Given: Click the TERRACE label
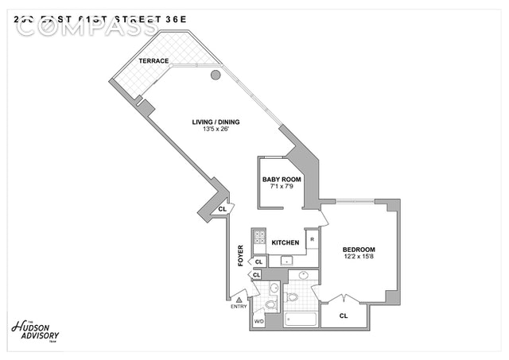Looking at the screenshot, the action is click(x=152, y=60).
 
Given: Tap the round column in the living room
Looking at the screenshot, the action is click(x=216, y=76).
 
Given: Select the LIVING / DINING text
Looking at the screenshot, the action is click(x=216, y=122).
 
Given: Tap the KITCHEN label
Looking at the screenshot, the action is click(x=285, y=242).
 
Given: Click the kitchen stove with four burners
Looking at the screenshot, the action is click(x=259, y=236).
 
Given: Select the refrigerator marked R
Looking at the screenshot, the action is click(x=312, y=238).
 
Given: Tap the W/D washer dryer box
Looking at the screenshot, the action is click(x=258, y=320).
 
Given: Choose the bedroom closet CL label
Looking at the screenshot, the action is click(x=343, y=315).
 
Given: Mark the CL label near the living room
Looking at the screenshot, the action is click(x=223, y=209).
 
